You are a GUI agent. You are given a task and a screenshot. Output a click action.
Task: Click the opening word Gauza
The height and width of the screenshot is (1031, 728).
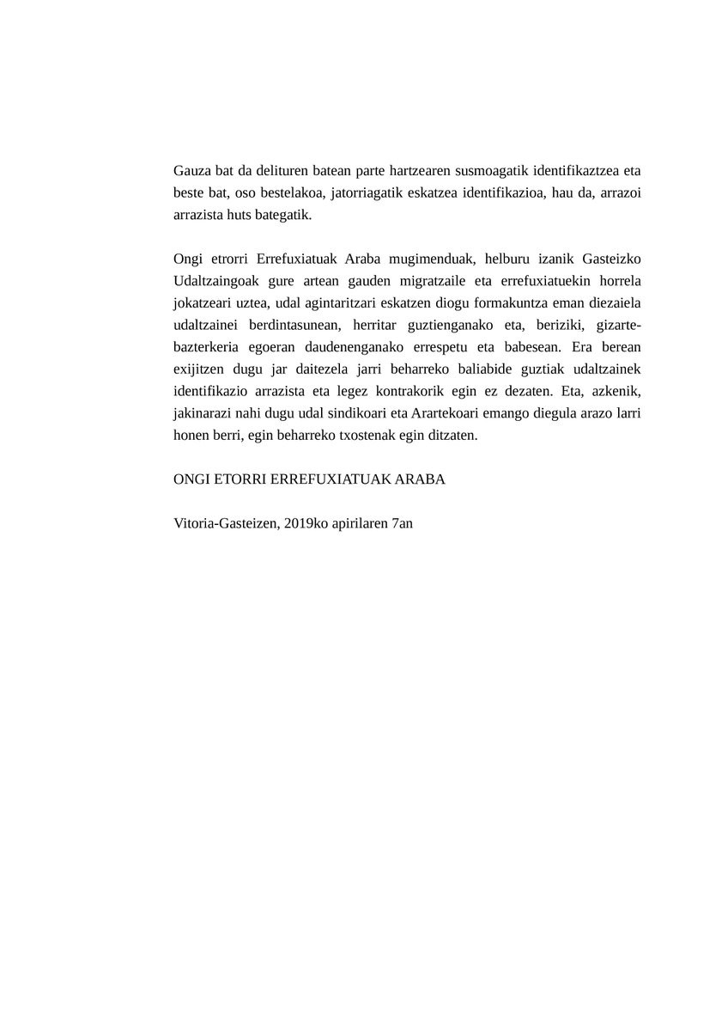(x=191, y=169)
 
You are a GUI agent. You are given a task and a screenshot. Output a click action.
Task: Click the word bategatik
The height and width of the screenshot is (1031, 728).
(x=281, y=214)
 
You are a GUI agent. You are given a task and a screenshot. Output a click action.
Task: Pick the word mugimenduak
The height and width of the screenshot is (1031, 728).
(x=428, y=259)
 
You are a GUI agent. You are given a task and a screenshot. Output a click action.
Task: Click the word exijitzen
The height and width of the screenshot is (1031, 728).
(x=199, y=370)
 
